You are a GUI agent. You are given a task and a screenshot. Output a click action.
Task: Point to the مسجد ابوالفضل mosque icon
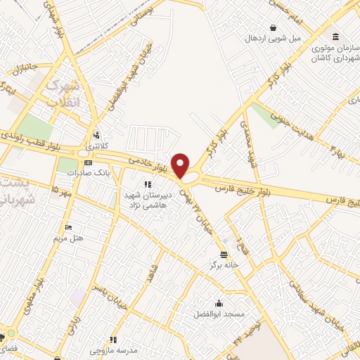[x=219, y=304]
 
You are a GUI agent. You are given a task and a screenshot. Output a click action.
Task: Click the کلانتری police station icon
[x=96, y=135]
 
